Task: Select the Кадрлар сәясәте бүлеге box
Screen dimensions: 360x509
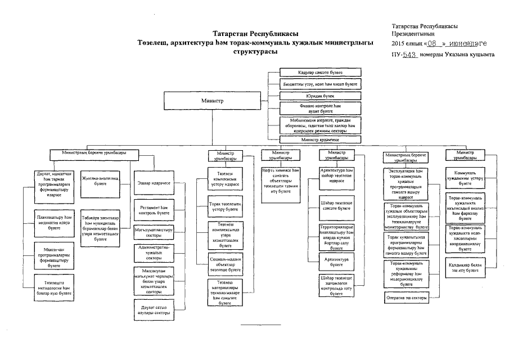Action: coord(320,73)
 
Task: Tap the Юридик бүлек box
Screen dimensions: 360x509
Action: coord(320,96)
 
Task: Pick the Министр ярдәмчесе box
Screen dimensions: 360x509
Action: coord(320,139)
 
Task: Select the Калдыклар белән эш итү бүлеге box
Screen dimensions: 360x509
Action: coord(465,267)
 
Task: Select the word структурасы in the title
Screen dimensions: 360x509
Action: coord(255,51)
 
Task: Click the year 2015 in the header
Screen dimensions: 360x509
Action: coord(398,43)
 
